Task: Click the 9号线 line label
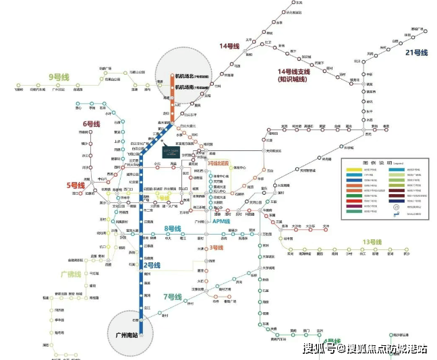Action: (59, 78)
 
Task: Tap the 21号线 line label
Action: (416, 53)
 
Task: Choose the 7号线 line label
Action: (173, 297)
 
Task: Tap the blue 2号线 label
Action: (152, 266)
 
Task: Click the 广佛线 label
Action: (71, 274)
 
